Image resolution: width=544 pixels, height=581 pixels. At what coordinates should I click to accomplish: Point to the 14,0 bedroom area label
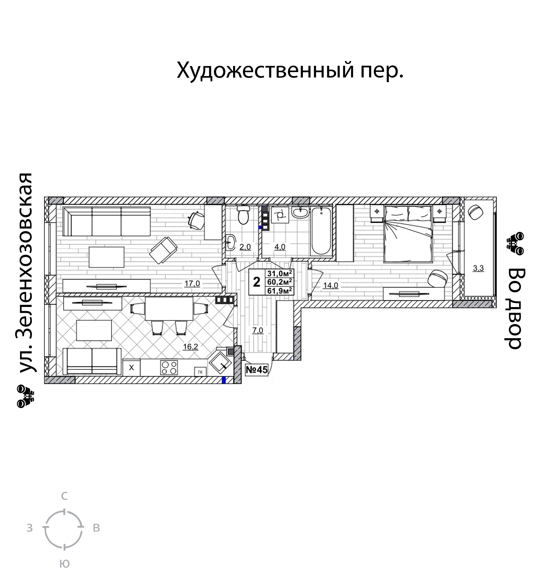(330, 285)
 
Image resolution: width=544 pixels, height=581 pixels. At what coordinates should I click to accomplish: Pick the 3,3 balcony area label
(478, 268)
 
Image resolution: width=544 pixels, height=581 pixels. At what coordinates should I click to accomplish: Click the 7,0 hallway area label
(257, 331)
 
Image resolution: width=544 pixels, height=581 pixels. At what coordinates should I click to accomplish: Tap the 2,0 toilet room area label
(245, 247)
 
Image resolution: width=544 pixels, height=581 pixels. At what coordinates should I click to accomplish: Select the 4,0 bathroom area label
(279, 247)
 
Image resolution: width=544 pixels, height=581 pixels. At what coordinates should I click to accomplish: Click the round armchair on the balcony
(476, 212)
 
